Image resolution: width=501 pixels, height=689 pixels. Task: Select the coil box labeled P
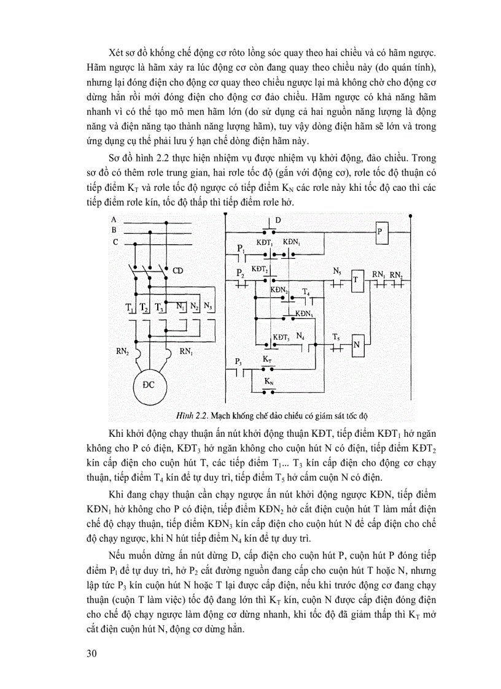380,232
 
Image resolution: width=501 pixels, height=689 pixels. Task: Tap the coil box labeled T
355,283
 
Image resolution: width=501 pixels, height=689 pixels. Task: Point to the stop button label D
278,220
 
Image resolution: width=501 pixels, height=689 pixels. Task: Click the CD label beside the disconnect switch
178,270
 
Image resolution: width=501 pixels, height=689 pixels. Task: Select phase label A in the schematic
114,219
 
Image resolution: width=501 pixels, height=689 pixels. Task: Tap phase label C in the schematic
114,242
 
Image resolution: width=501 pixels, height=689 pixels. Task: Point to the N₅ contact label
337,271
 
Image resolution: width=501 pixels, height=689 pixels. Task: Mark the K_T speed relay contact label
267,359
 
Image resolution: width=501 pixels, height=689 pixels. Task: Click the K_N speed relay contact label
268,381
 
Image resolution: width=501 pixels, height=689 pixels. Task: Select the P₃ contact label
238,362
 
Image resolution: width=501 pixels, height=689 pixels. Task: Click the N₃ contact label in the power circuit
209,306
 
